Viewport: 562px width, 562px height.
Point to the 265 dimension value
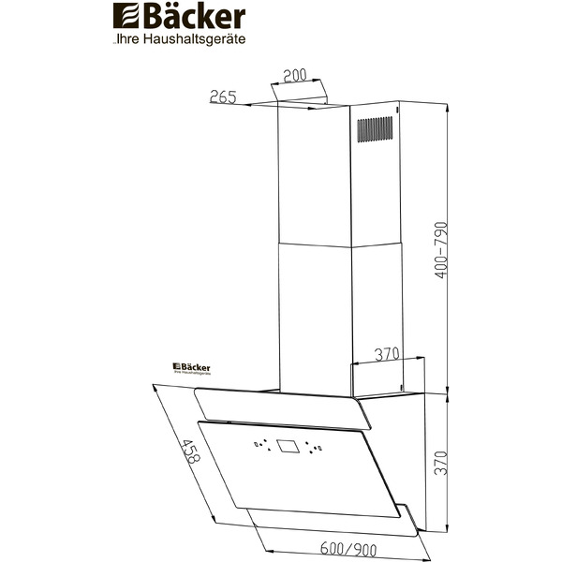coord(223,96)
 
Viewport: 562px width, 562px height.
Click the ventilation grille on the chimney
coord(376,130)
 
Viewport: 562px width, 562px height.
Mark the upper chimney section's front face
coord(314,173)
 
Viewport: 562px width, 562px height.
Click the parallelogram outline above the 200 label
coord(301,92)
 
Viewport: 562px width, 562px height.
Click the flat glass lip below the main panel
coord(328,517)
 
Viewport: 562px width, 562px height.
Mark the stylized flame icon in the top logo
coord(124,17)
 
